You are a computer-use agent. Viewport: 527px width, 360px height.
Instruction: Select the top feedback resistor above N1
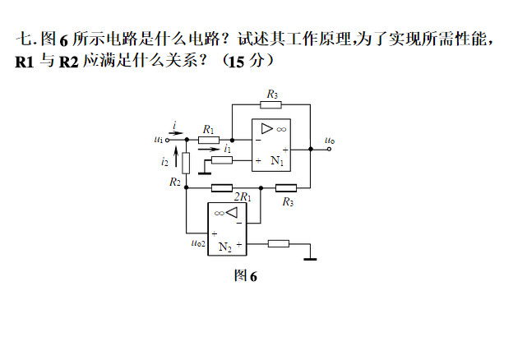click(271, 104)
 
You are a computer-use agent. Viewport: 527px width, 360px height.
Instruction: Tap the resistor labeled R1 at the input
click(209, 140)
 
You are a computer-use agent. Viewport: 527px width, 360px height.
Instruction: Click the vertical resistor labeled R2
click(187, 163)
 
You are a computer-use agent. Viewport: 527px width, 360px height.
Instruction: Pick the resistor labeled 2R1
click(221, 188)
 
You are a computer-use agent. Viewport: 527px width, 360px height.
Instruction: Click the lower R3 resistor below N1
click(285, 188)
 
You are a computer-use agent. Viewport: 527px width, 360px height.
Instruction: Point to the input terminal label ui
click(158, 140)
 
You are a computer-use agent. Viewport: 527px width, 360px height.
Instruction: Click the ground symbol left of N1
click(203, 172)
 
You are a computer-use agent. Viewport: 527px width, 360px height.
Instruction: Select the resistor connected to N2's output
click(279, 243)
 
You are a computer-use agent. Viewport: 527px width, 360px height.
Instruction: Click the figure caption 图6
click(245, 276)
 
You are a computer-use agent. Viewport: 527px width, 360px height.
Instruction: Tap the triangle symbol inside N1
click(266, 128)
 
